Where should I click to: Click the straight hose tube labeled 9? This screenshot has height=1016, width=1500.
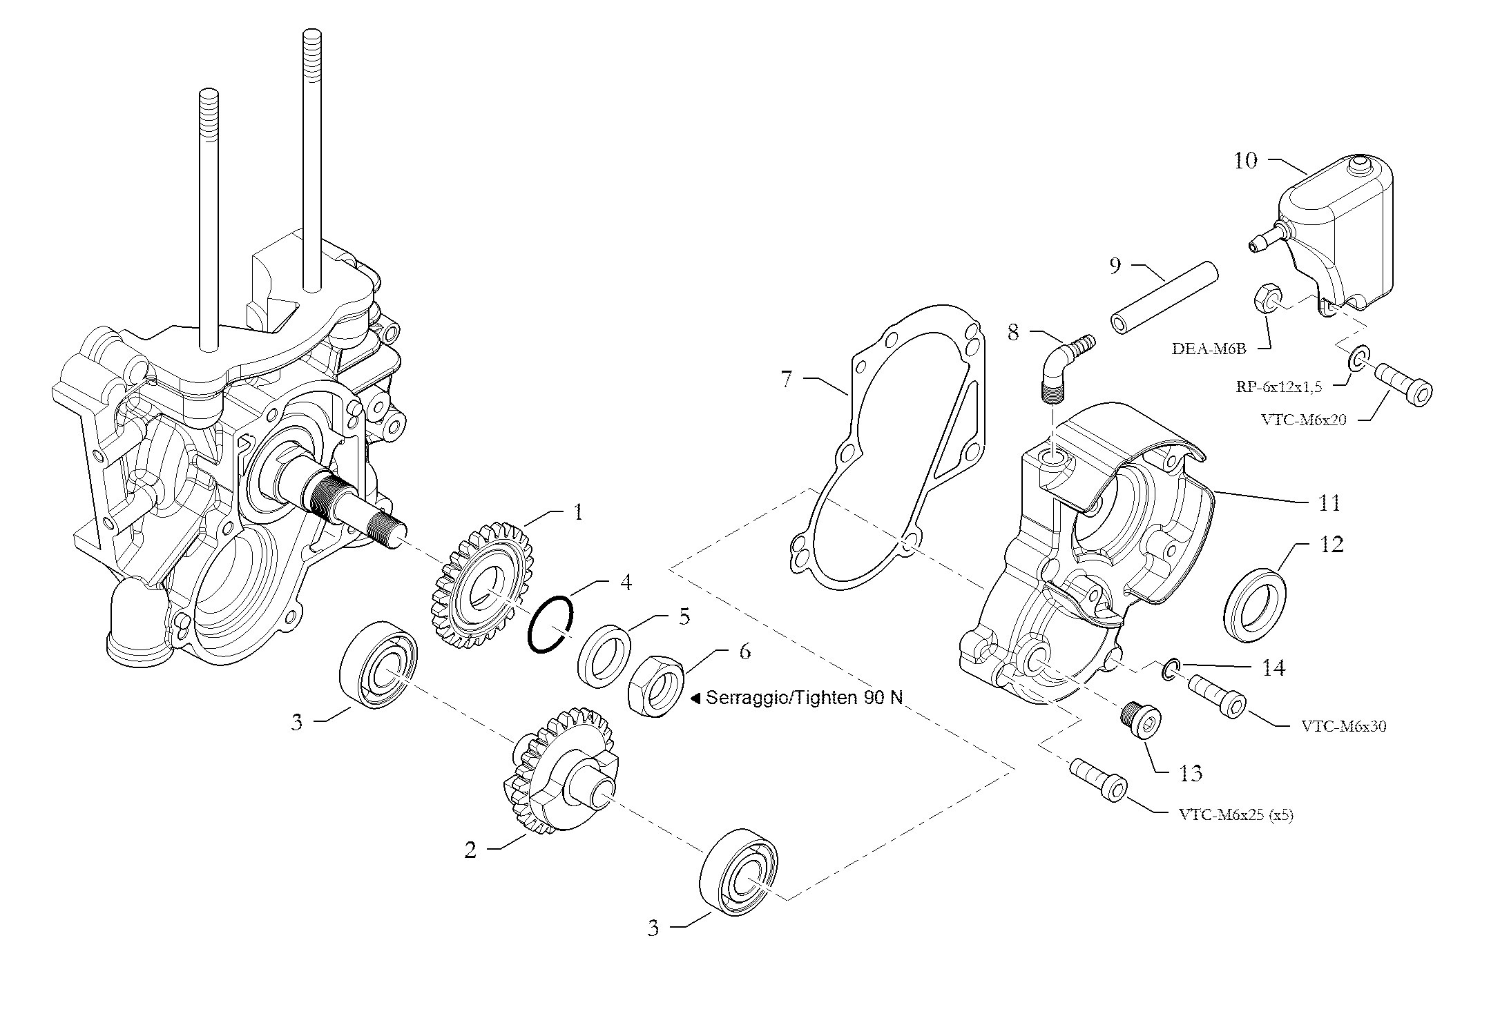1163,296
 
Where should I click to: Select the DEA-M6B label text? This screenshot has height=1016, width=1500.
1209,349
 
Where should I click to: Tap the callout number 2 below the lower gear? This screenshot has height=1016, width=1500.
470,850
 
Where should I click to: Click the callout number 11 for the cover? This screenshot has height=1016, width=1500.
1329,502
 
